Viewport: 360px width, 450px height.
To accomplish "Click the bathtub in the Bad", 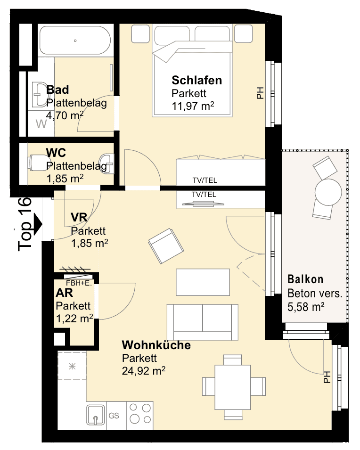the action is coord(75,41).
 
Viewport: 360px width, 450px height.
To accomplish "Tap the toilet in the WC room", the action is coord(39,163).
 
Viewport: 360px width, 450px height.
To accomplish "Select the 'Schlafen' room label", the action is coord(196,81).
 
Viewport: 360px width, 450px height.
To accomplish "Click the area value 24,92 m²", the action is coord(144,371).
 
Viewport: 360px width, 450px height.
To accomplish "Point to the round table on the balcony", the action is coord(328,192).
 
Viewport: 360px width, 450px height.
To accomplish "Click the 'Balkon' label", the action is coord(305,279).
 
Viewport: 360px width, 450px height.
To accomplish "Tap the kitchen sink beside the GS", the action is coord(96,415).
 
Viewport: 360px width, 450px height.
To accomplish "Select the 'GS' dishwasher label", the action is coord(114,416).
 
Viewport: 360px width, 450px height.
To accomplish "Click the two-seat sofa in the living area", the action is coord(203,322).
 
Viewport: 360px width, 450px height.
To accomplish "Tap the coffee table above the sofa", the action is coord(203,282).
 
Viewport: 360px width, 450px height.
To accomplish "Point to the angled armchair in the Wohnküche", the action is coord(166,246).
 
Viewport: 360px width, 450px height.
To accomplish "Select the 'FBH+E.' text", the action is coord(79,283).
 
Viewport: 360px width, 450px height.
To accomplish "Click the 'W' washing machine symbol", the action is coord(41,124).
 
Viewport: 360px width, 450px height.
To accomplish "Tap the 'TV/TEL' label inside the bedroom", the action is coord(205,180).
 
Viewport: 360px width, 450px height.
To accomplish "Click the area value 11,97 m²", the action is coord(193,106).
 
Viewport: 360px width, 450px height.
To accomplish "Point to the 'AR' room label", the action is coord(64,293).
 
